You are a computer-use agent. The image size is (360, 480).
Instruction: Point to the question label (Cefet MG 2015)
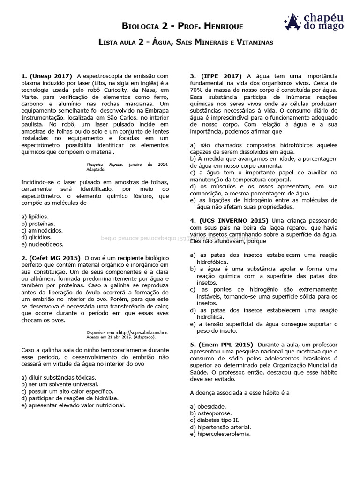55,258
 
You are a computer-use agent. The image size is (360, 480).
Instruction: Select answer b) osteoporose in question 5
211,413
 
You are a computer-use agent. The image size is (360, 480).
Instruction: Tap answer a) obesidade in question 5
208,406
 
